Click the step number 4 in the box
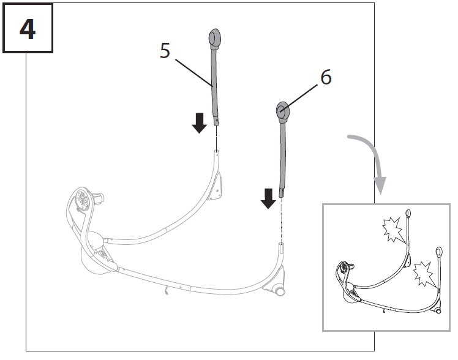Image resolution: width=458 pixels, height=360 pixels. (27, 29)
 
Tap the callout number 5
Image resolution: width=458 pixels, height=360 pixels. (165, 50)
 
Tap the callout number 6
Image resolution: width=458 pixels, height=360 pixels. (326, 78)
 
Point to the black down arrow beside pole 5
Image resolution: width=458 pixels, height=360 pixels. (199, 123)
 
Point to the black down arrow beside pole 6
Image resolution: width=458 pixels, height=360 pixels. (268, 198)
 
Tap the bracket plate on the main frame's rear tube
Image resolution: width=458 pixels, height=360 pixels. (216, 186)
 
